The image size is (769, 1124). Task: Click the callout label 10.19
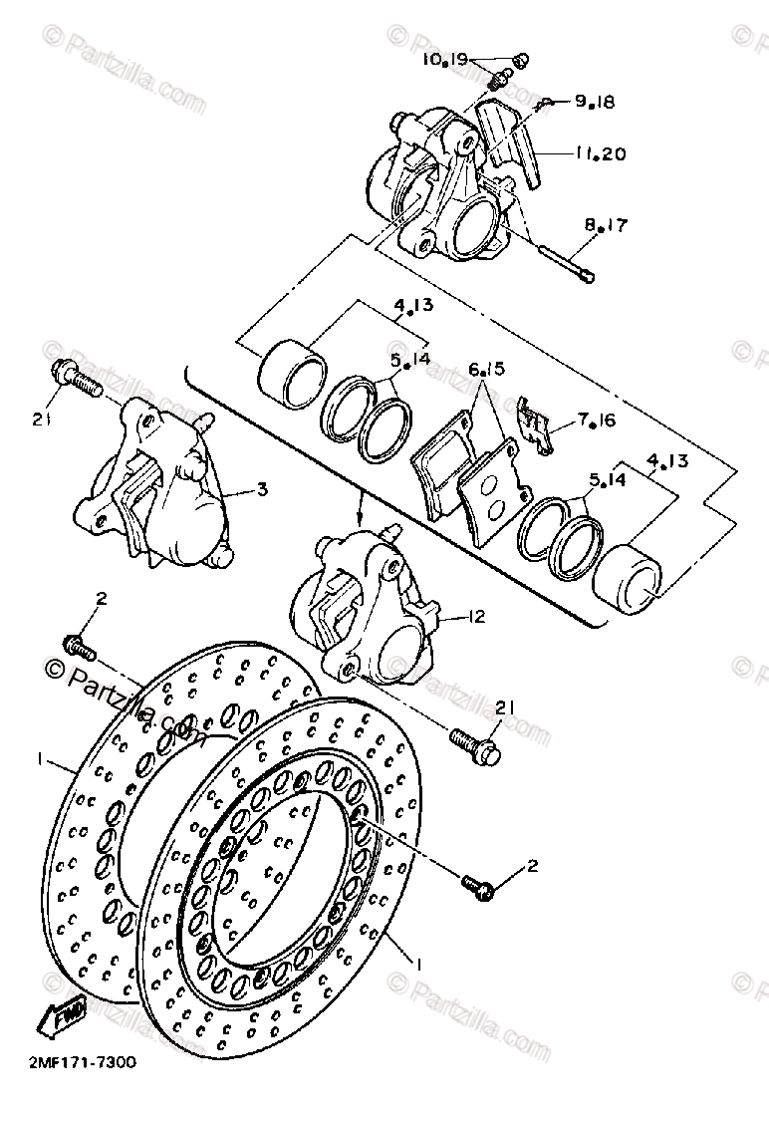[444, 60]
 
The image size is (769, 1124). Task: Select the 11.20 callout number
[600, 154]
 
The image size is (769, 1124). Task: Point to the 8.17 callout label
[606, 227]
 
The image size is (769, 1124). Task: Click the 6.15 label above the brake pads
[487, 370]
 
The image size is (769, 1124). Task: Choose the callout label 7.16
[596, 421]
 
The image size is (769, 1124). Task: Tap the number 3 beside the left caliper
[261, 489]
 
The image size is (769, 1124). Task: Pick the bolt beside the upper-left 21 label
[77, 377]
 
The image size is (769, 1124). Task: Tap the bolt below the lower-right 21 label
[474, 742]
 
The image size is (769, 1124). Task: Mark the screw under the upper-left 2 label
[80, 647]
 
